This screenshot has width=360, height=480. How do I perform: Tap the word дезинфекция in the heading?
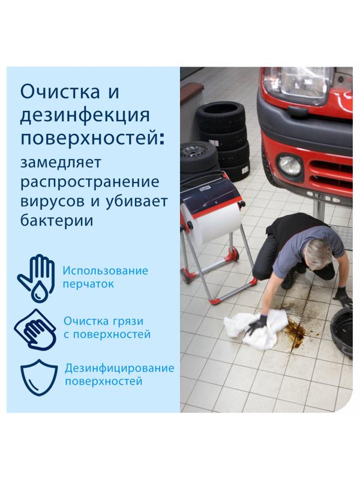coord(85,115)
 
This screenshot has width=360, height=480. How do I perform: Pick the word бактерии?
coord(58,220)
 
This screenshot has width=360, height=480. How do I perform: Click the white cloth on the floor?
coord(249,327)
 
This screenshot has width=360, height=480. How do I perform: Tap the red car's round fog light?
coord(290,164)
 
